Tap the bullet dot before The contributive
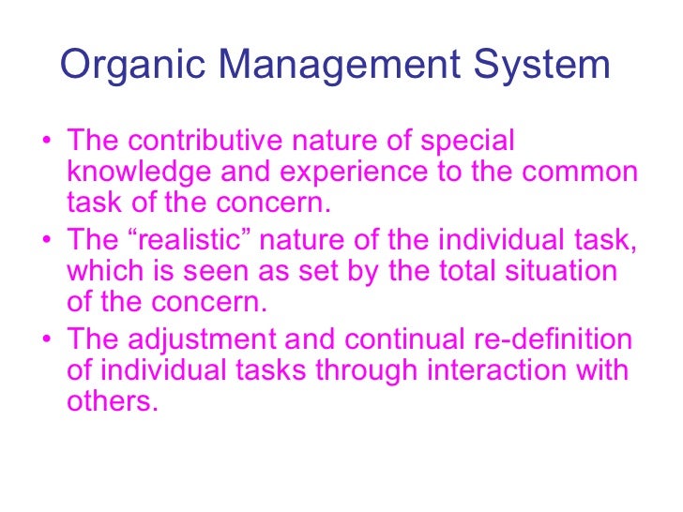pyautogui.click(x=48, y=143)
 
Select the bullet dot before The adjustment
pyautogui.click(x=48, y=341)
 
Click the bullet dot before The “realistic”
pyautogui.click(x=48, y=240)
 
